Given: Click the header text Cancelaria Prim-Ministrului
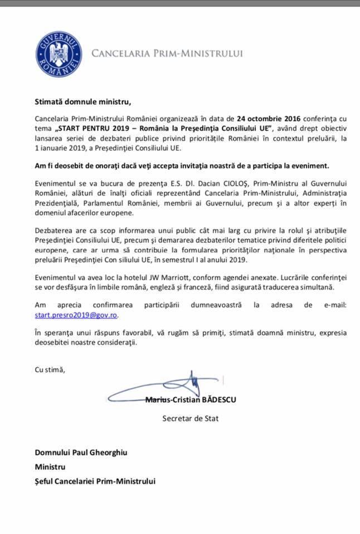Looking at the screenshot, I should point(167,54).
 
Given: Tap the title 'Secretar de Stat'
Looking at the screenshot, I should point(191,417).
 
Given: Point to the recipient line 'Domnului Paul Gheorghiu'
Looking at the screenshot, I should point(81,452).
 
